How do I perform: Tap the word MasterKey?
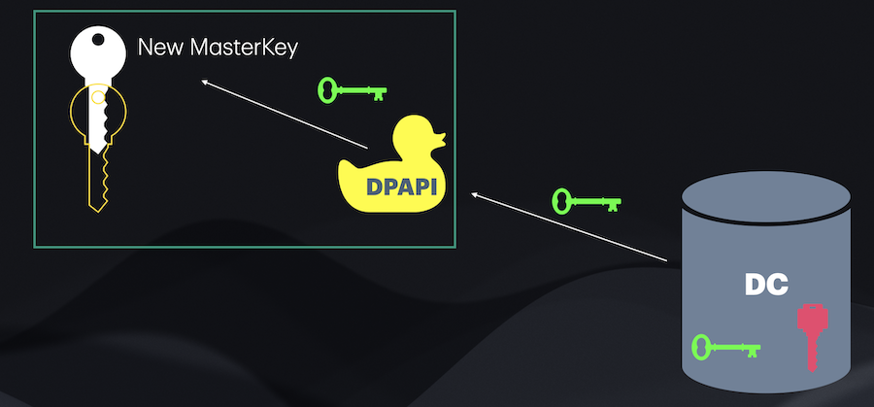click(x=242, y=47)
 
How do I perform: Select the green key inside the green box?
click(x=352, y=92)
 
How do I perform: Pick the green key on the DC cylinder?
click(x=723, y=347)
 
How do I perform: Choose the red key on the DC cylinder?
click(x=811, y=336)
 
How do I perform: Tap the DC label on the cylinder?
click(x=768, y=284)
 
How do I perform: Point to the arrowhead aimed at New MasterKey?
click(x=206, y=85)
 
